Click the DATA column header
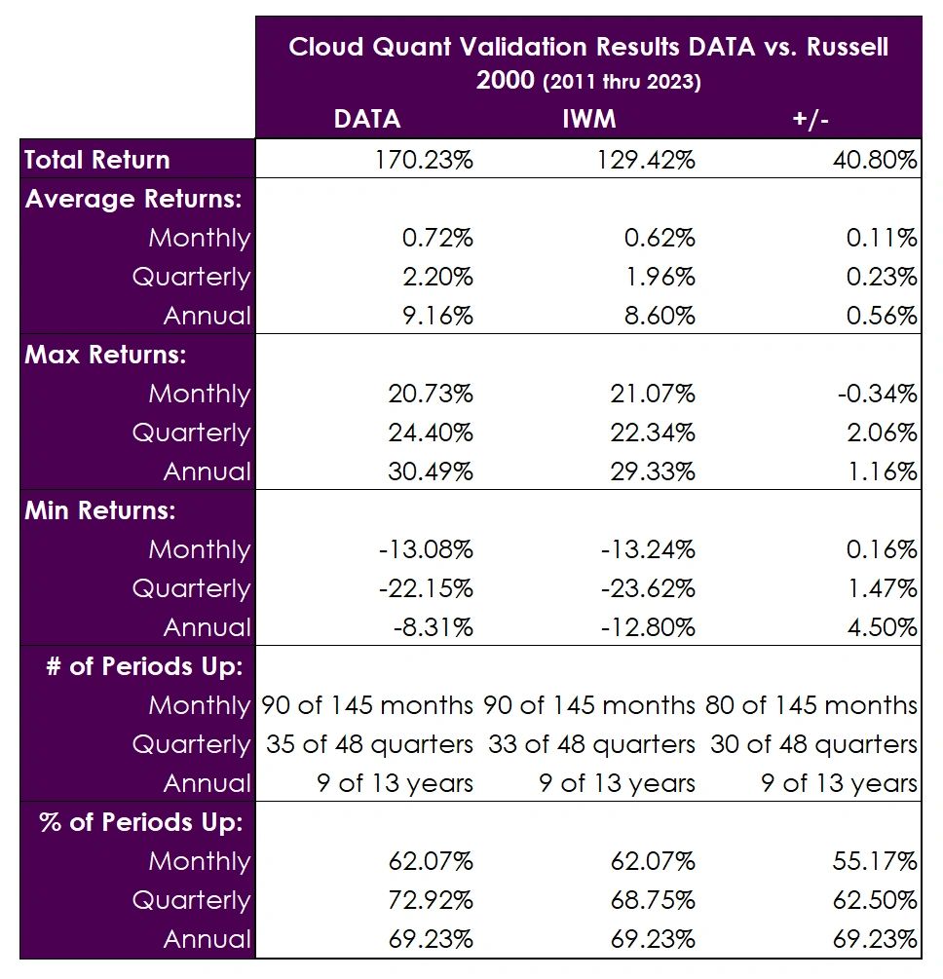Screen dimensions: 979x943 tap(366, 119)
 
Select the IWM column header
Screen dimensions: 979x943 tap(588, 119)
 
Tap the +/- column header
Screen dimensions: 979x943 tap(811, 119)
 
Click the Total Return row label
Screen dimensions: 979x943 tap(97, 160)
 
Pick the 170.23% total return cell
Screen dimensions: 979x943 tap(424, 160)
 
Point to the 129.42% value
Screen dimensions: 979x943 tap(646, 160)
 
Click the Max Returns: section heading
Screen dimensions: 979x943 tap(105, 355)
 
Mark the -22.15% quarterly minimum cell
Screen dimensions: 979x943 tap(425, 588)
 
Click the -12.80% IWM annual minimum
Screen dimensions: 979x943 tap(647, 627)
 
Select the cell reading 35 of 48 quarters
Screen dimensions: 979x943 tap(370, 744)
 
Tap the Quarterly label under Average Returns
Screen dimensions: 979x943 tap(191, 277)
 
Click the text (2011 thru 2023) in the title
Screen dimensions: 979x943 tap(621, 83)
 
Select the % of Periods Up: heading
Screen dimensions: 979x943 tap(140, 822)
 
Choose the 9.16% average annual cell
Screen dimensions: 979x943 tap(434, 316)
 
